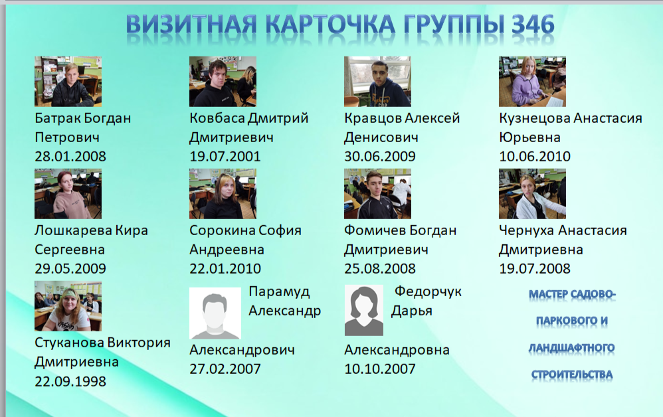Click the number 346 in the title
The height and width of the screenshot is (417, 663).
point(533,25)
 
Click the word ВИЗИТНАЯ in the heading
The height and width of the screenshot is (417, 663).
point(191,25)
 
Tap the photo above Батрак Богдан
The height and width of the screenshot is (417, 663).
point(68,82)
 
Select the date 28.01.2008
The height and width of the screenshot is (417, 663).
point(70,156)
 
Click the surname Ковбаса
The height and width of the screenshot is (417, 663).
point(217,118)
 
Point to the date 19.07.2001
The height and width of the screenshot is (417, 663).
point(225,156)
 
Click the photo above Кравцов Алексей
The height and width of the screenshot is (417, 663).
point(377,82)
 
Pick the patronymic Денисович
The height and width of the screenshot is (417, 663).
point(381,137)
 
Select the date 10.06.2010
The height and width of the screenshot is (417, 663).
point(535,156)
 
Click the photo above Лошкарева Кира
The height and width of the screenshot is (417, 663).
point(68,194)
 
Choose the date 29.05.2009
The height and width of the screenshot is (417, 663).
point(70,268)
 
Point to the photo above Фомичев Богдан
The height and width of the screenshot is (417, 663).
point(377,194)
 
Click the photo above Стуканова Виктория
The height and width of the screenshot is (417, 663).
point(68,306)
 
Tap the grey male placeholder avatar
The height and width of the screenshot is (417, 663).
point(215,313)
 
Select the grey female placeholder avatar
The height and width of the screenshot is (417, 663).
point(364,310)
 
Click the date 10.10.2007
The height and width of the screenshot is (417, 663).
point(380,369)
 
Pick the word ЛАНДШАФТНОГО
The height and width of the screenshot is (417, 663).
point(572,348)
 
